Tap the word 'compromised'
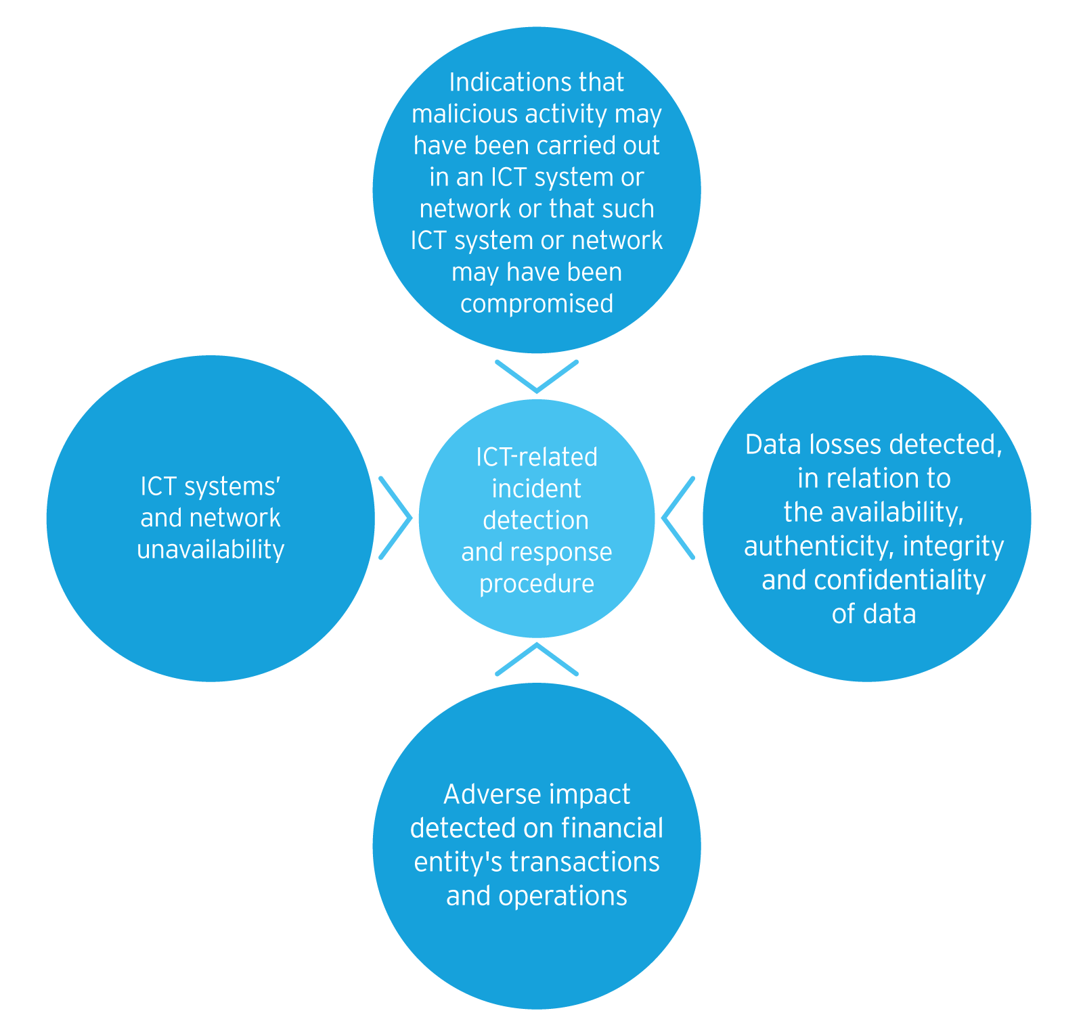[537, 303]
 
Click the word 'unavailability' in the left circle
[211, 549]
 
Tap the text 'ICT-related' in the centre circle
[537, 457]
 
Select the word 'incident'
[537, 489]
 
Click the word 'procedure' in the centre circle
[537, 583]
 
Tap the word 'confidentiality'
[900, 580]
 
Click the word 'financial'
[613, 828]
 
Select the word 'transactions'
[585, 861]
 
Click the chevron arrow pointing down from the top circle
[537, 378]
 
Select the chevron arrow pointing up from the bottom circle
[537, 658]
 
